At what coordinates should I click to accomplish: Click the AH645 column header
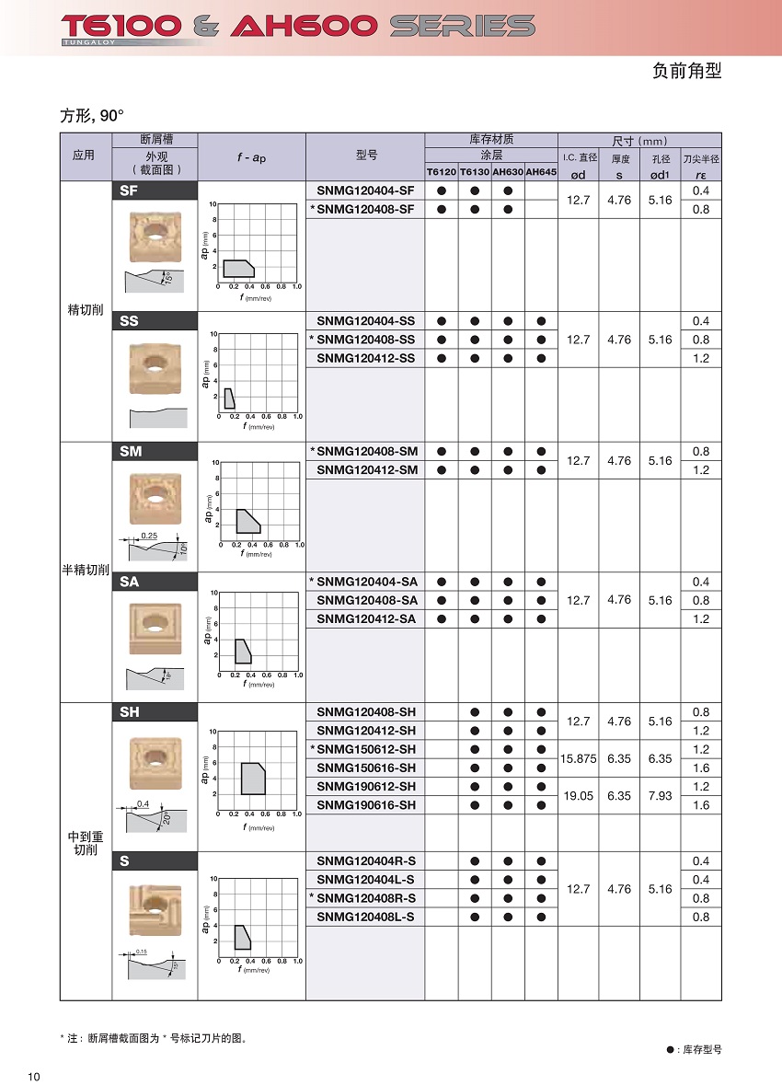point(541,172)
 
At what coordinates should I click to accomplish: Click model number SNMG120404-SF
point(365,190)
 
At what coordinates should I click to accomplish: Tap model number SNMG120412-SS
point(365,358)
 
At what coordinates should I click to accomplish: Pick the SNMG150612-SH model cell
point(365,749)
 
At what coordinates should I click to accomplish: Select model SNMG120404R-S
point(365,861)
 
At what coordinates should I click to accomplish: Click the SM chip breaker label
point(131,451)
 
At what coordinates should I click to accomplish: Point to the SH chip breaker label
point(130,712)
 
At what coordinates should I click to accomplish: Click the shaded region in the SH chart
point(252,779)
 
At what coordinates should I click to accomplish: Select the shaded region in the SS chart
point(229,398)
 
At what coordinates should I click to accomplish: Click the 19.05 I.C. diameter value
point(578,796)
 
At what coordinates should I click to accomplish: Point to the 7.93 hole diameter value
point(660,796)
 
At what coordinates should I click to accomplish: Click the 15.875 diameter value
point(579,758)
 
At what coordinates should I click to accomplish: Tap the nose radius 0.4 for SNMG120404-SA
point(700,582)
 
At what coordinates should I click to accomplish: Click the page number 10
point(34,1078)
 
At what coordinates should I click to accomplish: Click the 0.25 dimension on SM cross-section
point(150,536)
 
